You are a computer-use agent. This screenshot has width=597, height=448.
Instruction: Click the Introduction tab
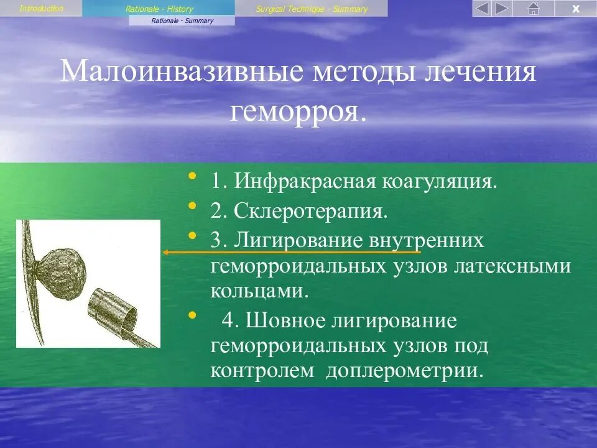pos(41,8)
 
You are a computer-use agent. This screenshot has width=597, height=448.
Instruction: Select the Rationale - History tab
pos(159,9)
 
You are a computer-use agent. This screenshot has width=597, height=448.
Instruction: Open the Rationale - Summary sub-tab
pos(182,21)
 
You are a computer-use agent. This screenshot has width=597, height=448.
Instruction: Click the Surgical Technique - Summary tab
pos(312,9)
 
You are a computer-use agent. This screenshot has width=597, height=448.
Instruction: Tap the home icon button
pos(533,9)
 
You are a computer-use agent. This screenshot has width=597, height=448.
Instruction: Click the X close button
pos(575,9)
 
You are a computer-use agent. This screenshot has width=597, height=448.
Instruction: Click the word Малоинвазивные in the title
pos(182,72)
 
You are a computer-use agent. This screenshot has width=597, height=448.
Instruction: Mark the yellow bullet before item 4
pos(192,315)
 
